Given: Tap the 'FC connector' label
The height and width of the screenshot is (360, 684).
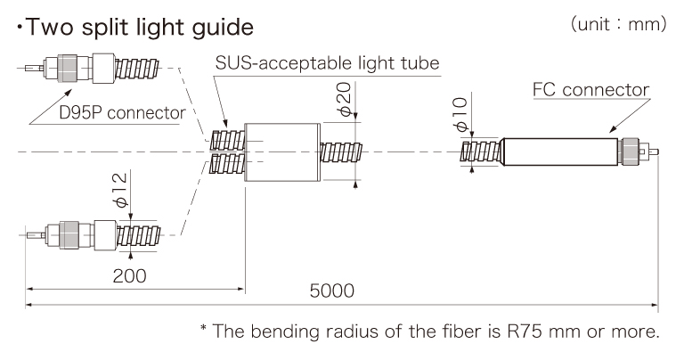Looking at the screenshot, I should click(590, 90).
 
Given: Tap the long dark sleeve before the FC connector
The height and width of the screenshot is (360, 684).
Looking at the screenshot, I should click(558, 152).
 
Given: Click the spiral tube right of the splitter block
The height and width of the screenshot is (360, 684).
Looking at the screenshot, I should click(343, 152).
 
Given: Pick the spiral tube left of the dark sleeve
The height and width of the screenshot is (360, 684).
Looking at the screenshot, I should click(481, 152).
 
